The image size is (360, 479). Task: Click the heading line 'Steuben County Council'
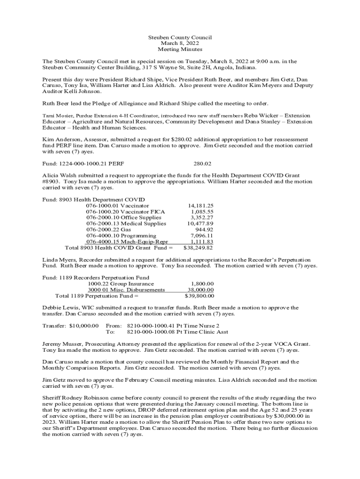coord(180,37)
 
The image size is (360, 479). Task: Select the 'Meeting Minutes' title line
coord(180,49)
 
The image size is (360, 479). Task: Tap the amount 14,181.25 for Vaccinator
coord(201,205)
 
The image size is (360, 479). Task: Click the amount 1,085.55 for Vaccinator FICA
coord(202,211)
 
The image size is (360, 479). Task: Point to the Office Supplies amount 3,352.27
coord(202,218)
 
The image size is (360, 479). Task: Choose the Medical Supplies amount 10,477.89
coord(201,224)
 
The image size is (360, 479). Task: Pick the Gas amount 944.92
coord(204,230)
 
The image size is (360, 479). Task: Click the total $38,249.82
coord(199,248)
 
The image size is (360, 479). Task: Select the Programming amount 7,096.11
coord(202,236)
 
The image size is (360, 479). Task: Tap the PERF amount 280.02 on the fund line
coord(202,164)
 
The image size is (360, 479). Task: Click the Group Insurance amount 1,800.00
coord(202,283)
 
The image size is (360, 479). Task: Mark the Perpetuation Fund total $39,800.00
coord(200,296)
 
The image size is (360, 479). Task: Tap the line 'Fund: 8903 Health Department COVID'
coord(94,199)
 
